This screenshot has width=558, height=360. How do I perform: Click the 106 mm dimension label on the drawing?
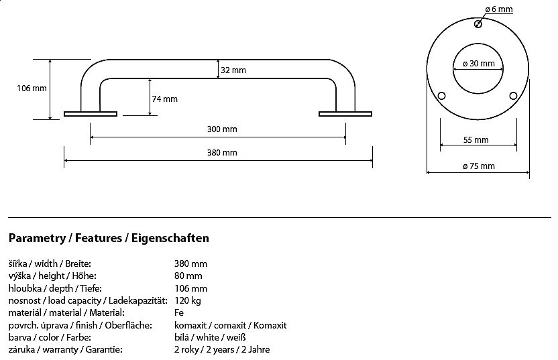(x=32, y=88)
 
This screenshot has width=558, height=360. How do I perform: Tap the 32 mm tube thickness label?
(x=233, y=70)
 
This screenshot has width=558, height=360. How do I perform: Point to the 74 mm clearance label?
(x=164, y=99)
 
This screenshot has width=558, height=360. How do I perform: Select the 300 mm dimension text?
(x=222, y=129)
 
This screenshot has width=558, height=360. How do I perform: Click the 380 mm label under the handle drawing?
(x=222, y=152)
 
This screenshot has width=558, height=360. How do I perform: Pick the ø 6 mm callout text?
(x=499, y=9)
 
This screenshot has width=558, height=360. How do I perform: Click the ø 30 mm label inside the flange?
(x=479, y=64)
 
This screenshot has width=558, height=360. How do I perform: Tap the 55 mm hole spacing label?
(x=476, y=140)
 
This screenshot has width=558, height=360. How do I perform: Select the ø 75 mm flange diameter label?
(x=479, y=166)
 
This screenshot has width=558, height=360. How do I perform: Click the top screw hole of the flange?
(x=478, y=24)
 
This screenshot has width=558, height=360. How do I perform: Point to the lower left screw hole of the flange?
(x=441, y=96)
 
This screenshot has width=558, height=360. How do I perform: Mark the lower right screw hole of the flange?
(x=513, y=96)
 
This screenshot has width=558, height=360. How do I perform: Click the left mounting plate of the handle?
(x=91, y=114)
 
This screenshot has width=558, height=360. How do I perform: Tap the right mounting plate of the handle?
(x=345, y=114)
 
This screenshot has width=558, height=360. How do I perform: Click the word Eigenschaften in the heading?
(x=170, y=238)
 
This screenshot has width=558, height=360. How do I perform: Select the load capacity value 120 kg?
(x=188, y=301)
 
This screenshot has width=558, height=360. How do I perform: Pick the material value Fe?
(x=179, y=312)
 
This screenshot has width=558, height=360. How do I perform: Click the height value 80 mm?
(x=188, y=276)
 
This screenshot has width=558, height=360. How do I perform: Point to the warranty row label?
(x=66, y=350)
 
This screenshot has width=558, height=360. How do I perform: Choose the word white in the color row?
(x=208, y=337)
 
